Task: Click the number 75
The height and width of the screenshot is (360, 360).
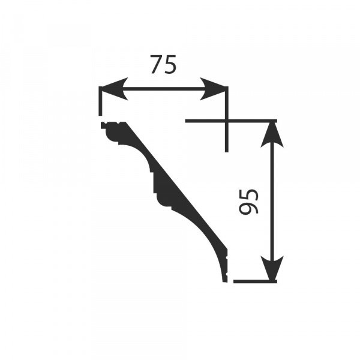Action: click(x=163, y=65)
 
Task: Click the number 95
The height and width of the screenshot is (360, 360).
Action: click(x=249, y=202)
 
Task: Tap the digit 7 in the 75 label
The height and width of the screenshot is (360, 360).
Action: click(x=157, y=65)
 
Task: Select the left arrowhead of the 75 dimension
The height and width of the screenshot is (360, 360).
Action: click(x=113, y=89)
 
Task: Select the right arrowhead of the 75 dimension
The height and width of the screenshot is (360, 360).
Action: click(x=213, y=89)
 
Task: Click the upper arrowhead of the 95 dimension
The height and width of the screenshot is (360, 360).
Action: click(x=272, y=134)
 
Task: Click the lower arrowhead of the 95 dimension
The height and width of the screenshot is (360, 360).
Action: click(x=272, y=268)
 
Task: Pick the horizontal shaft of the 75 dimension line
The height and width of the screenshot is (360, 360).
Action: click(x=163, y=89)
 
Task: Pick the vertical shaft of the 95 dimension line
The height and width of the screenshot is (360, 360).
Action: click(x=272, y=201)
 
